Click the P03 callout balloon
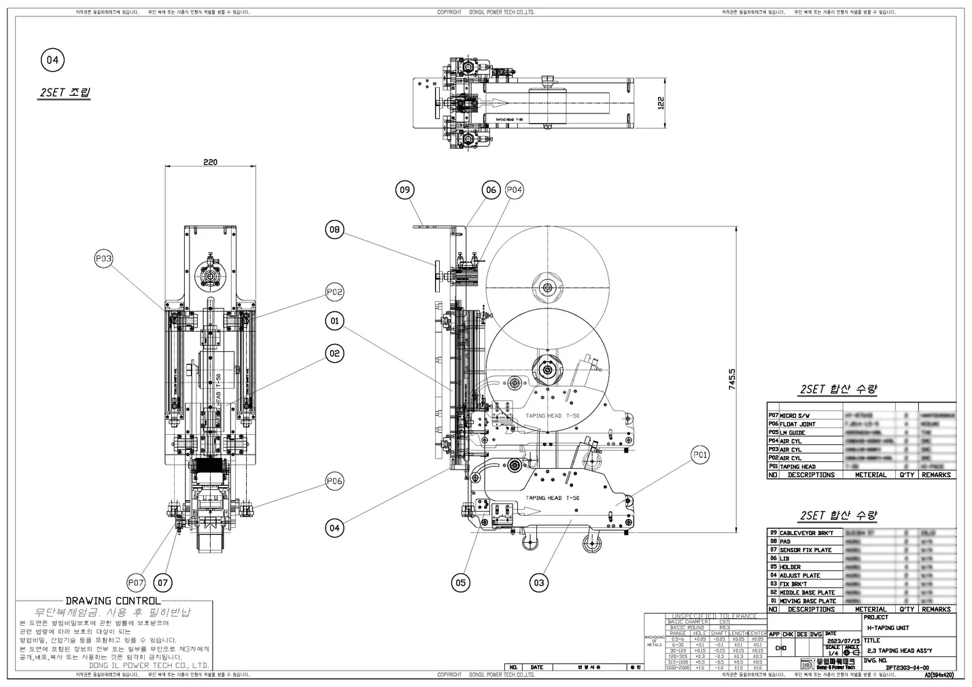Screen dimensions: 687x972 click(x=103, y=258)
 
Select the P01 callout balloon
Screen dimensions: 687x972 click(x=700, y=455)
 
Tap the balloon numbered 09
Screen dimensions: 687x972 click(x=405, y=190)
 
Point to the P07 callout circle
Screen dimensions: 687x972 click(x=136, y=582)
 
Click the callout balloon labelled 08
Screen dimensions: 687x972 click(x=334, y=230)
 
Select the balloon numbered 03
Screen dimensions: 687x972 click(x=539, y=582)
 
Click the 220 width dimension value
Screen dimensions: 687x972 click(x=211, y=162)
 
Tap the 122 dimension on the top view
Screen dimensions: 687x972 click(x=661, y=102)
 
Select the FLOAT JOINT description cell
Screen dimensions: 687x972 click(x=797, y=424)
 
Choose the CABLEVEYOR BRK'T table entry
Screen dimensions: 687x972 click(x=805, y=533)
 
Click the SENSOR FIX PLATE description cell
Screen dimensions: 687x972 click(x=805, y=550)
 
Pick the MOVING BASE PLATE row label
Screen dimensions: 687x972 click(x=808, y=601)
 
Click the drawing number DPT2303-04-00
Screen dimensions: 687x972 click(x=907, y=667)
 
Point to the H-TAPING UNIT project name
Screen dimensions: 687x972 click(x=888, y=628)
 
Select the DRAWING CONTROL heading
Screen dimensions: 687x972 click(x=113, y=601)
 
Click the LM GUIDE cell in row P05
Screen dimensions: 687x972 click(x=793, y=432)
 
